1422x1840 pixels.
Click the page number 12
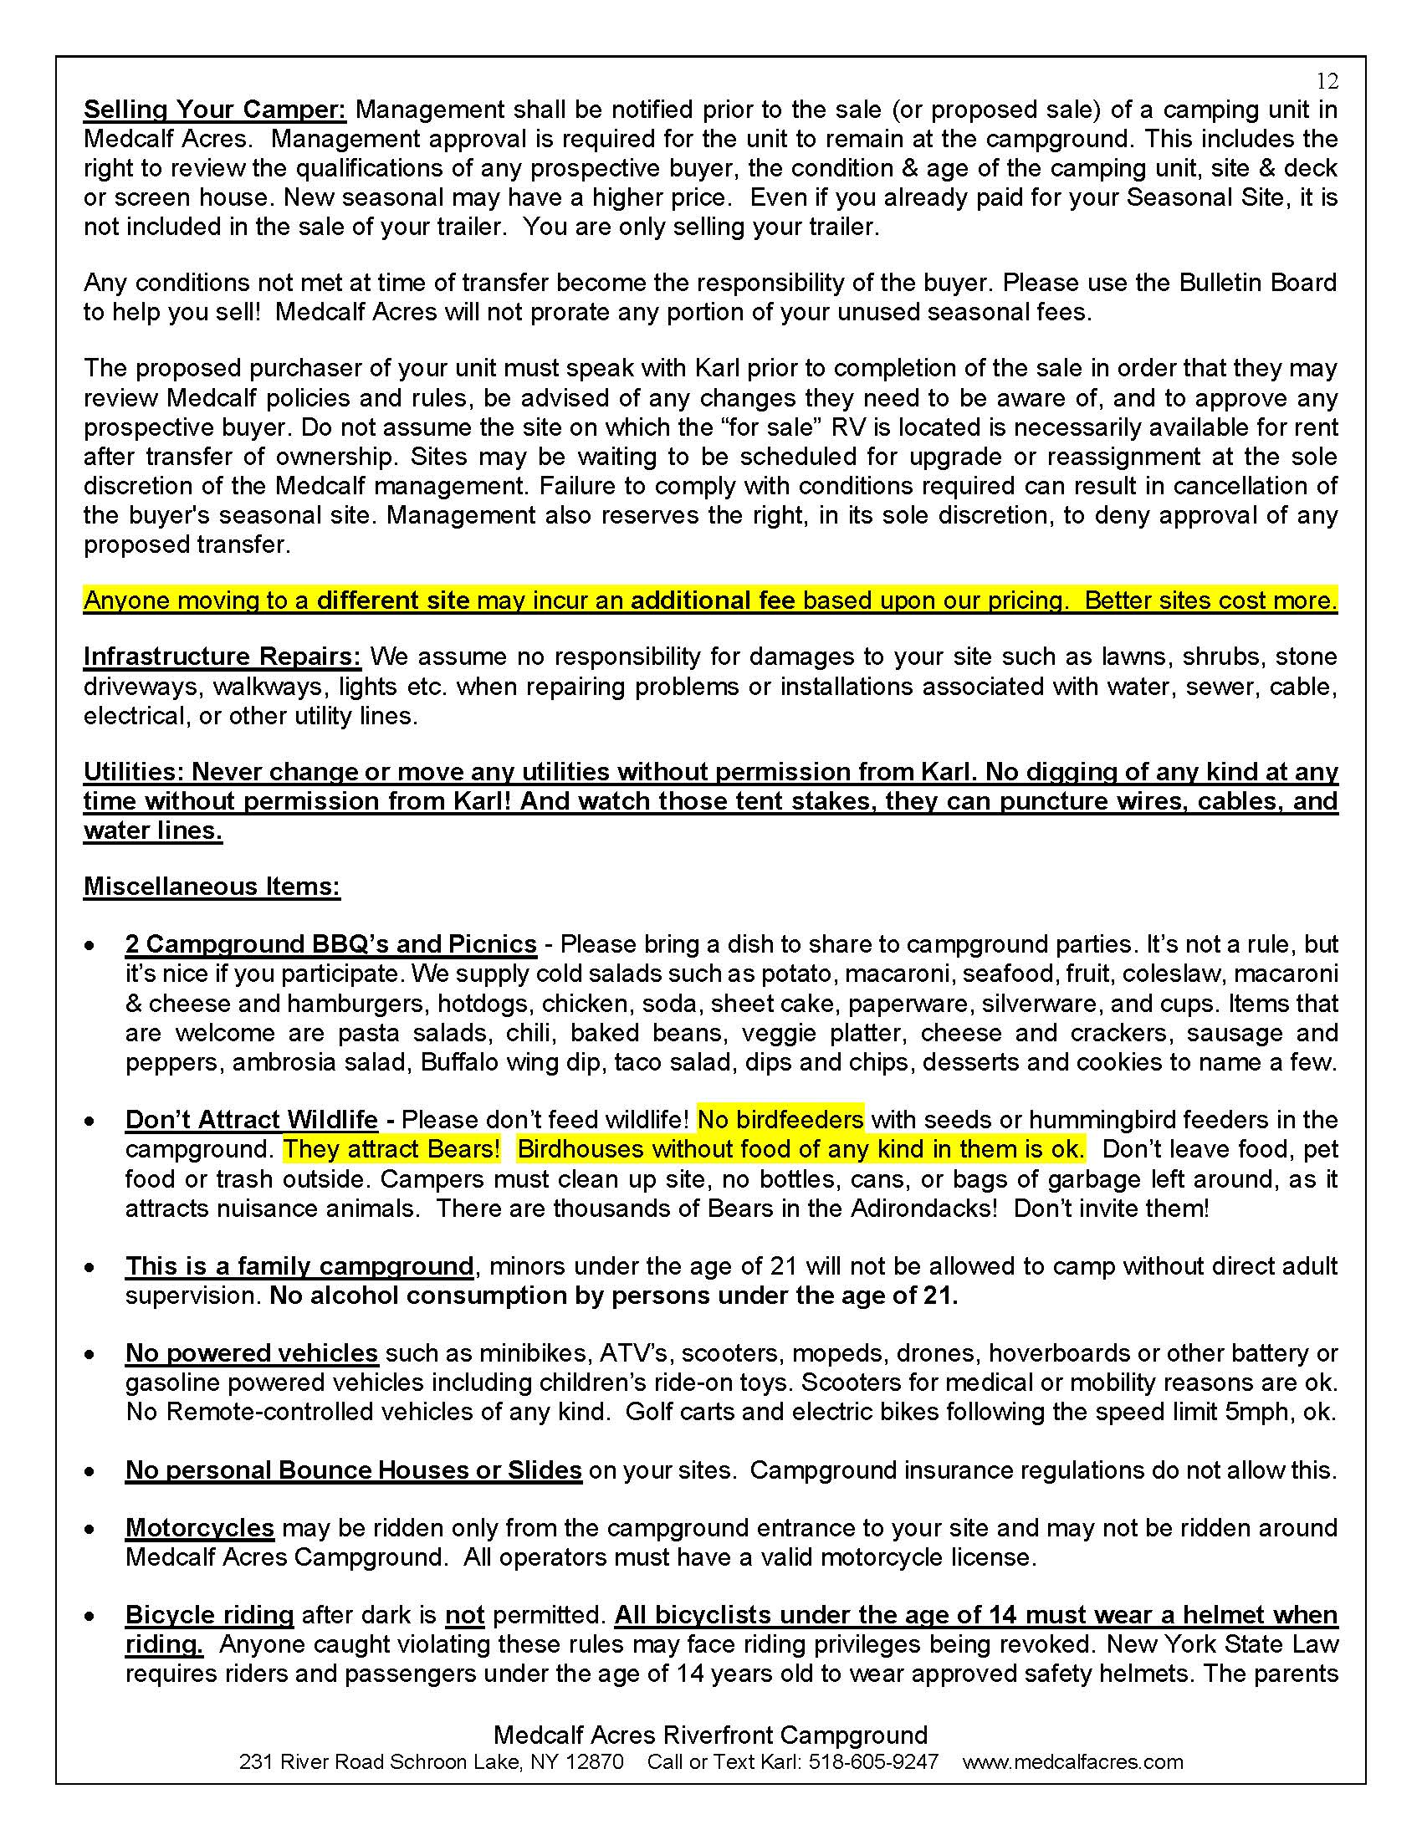[1327, 81]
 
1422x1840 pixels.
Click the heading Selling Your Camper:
[215, 110]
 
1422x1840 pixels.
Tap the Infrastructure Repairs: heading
[223, 657]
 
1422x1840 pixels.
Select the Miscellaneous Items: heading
[212, 887]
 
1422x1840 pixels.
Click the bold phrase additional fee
[713, 601]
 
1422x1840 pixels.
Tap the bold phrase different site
[392, 601]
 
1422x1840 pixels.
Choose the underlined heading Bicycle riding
[209, 1615]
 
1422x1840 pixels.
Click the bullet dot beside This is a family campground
[90, 1268]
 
